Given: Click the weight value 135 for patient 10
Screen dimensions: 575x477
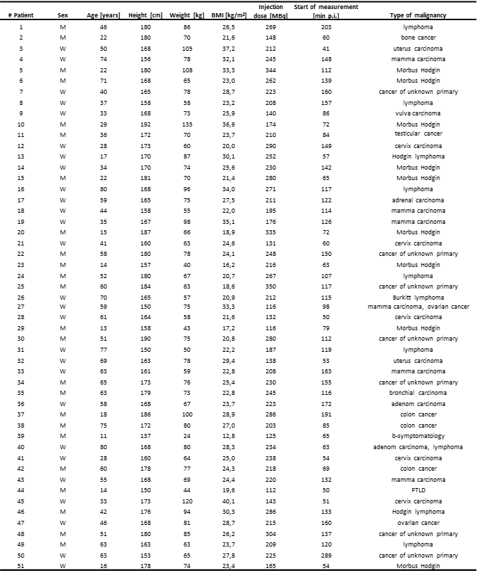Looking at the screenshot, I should [187, 123].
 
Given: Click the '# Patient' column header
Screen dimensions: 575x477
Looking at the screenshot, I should [21, 14].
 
